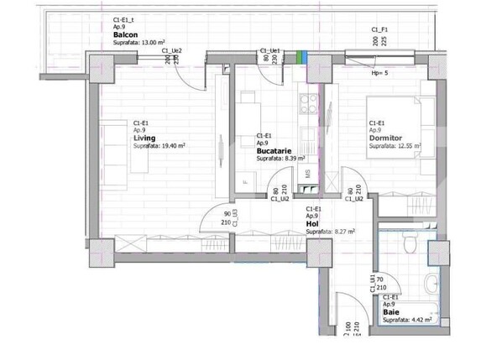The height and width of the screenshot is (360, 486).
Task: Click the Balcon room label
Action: pos(126,34)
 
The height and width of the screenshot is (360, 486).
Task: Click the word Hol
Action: pos(312,223)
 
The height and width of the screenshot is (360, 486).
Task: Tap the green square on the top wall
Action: pos(300,56)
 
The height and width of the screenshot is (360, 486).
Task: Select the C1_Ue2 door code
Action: pos(171,50)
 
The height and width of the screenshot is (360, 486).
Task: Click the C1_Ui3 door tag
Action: pos(236,218)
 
